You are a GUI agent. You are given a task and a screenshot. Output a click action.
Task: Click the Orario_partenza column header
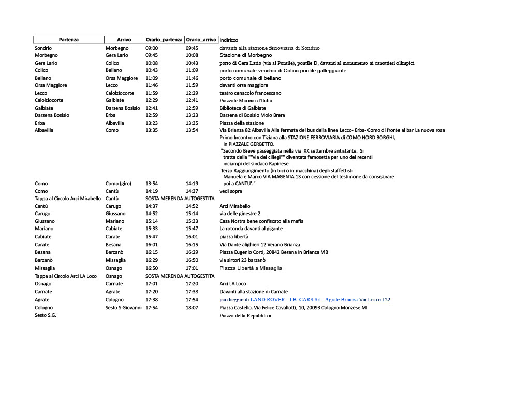tap(164, 40)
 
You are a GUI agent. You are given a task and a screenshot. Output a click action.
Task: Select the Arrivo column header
tap(124, 40)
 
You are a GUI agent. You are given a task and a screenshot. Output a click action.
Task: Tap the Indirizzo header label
tap(229, 40)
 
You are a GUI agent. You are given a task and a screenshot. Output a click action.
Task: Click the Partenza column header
tap(69, 40)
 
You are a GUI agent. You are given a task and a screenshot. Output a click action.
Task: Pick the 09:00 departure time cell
tap(152, 48)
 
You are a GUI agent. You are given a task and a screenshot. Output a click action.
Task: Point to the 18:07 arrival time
tap(192, 308)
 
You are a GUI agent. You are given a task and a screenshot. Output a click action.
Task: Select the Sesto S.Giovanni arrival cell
tap(124, 308)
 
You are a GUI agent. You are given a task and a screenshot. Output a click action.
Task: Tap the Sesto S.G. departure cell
tap(46, 315)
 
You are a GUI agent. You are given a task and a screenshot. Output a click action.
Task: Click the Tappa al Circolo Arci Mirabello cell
tap(68, 199)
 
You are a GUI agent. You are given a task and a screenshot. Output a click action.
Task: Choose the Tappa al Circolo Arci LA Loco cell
tap(66, 276)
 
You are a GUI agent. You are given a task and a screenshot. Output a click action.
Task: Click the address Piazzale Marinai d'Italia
tap(246, 101)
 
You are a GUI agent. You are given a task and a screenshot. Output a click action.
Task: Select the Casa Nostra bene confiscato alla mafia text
tap(261, 221)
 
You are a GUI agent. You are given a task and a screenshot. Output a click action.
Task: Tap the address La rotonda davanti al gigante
tap(251, 229)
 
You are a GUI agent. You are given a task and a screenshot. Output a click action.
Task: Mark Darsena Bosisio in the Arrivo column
tap(123, 108)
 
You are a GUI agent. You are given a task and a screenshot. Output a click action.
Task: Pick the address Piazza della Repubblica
tap(245, 316)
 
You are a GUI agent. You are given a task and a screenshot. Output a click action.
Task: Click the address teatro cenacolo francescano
tap(251, 93)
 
